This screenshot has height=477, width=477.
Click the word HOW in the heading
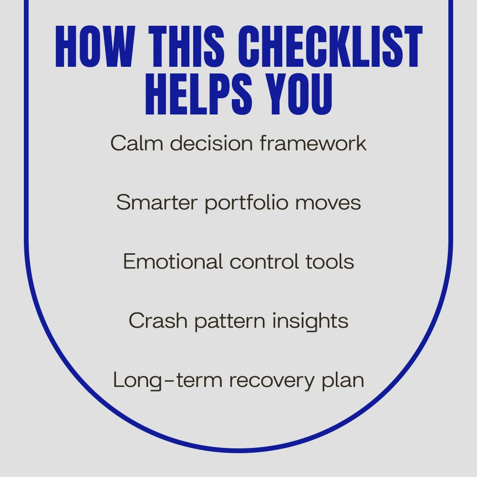[x=95, y=46]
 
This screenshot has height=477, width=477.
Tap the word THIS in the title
[x=186, y=46]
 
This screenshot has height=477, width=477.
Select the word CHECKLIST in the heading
[x=330, y=46]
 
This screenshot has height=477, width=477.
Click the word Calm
[x=137, y=143]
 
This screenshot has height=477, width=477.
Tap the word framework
[x=313, y=143]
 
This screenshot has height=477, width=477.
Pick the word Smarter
[x=157, y=202]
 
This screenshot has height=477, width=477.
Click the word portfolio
[x=247, y=203]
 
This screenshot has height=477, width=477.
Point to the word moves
[x=328, y=203]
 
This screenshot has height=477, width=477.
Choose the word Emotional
[x=173, y=261]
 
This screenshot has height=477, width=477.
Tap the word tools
[x=330, y=261]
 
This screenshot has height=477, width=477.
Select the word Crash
[x=158, y=321]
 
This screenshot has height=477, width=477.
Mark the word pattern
[x=230, y=321]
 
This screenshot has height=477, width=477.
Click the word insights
[x=311, y=321]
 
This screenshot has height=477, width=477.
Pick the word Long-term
[x=167, y=380]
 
